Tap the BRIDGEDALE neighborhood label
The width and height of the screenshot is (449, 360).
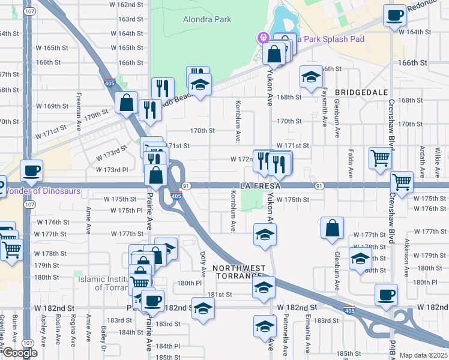coord(359,92)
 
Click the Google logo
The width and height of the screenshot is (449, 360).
coord(19,353)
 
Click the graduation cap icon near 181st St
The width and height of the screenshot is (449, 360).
coord(264,287)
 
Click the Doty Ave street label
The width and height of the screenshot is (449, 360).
coord(203,265)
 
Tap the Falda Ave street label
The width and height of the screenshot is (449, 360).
coord(351,164)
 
